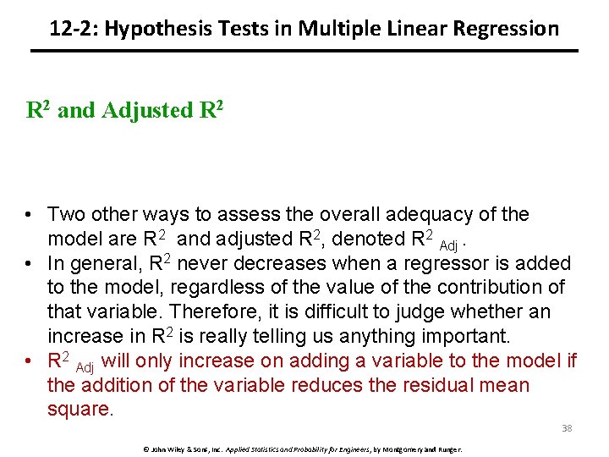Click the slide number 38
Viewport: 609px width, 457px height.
tap(567, 428)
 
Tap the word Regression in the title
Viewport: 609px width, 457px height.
tap(506, 29)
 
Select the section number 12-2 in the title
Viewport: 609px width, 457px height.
tap(70, 29)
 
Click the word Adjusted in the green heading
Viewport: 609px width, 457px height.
tap(146, 110)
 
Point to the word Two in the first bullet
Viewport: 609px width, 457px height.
tap(68, 215)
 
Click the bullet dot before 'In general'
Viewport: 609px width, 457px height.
tap(30, 264)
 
